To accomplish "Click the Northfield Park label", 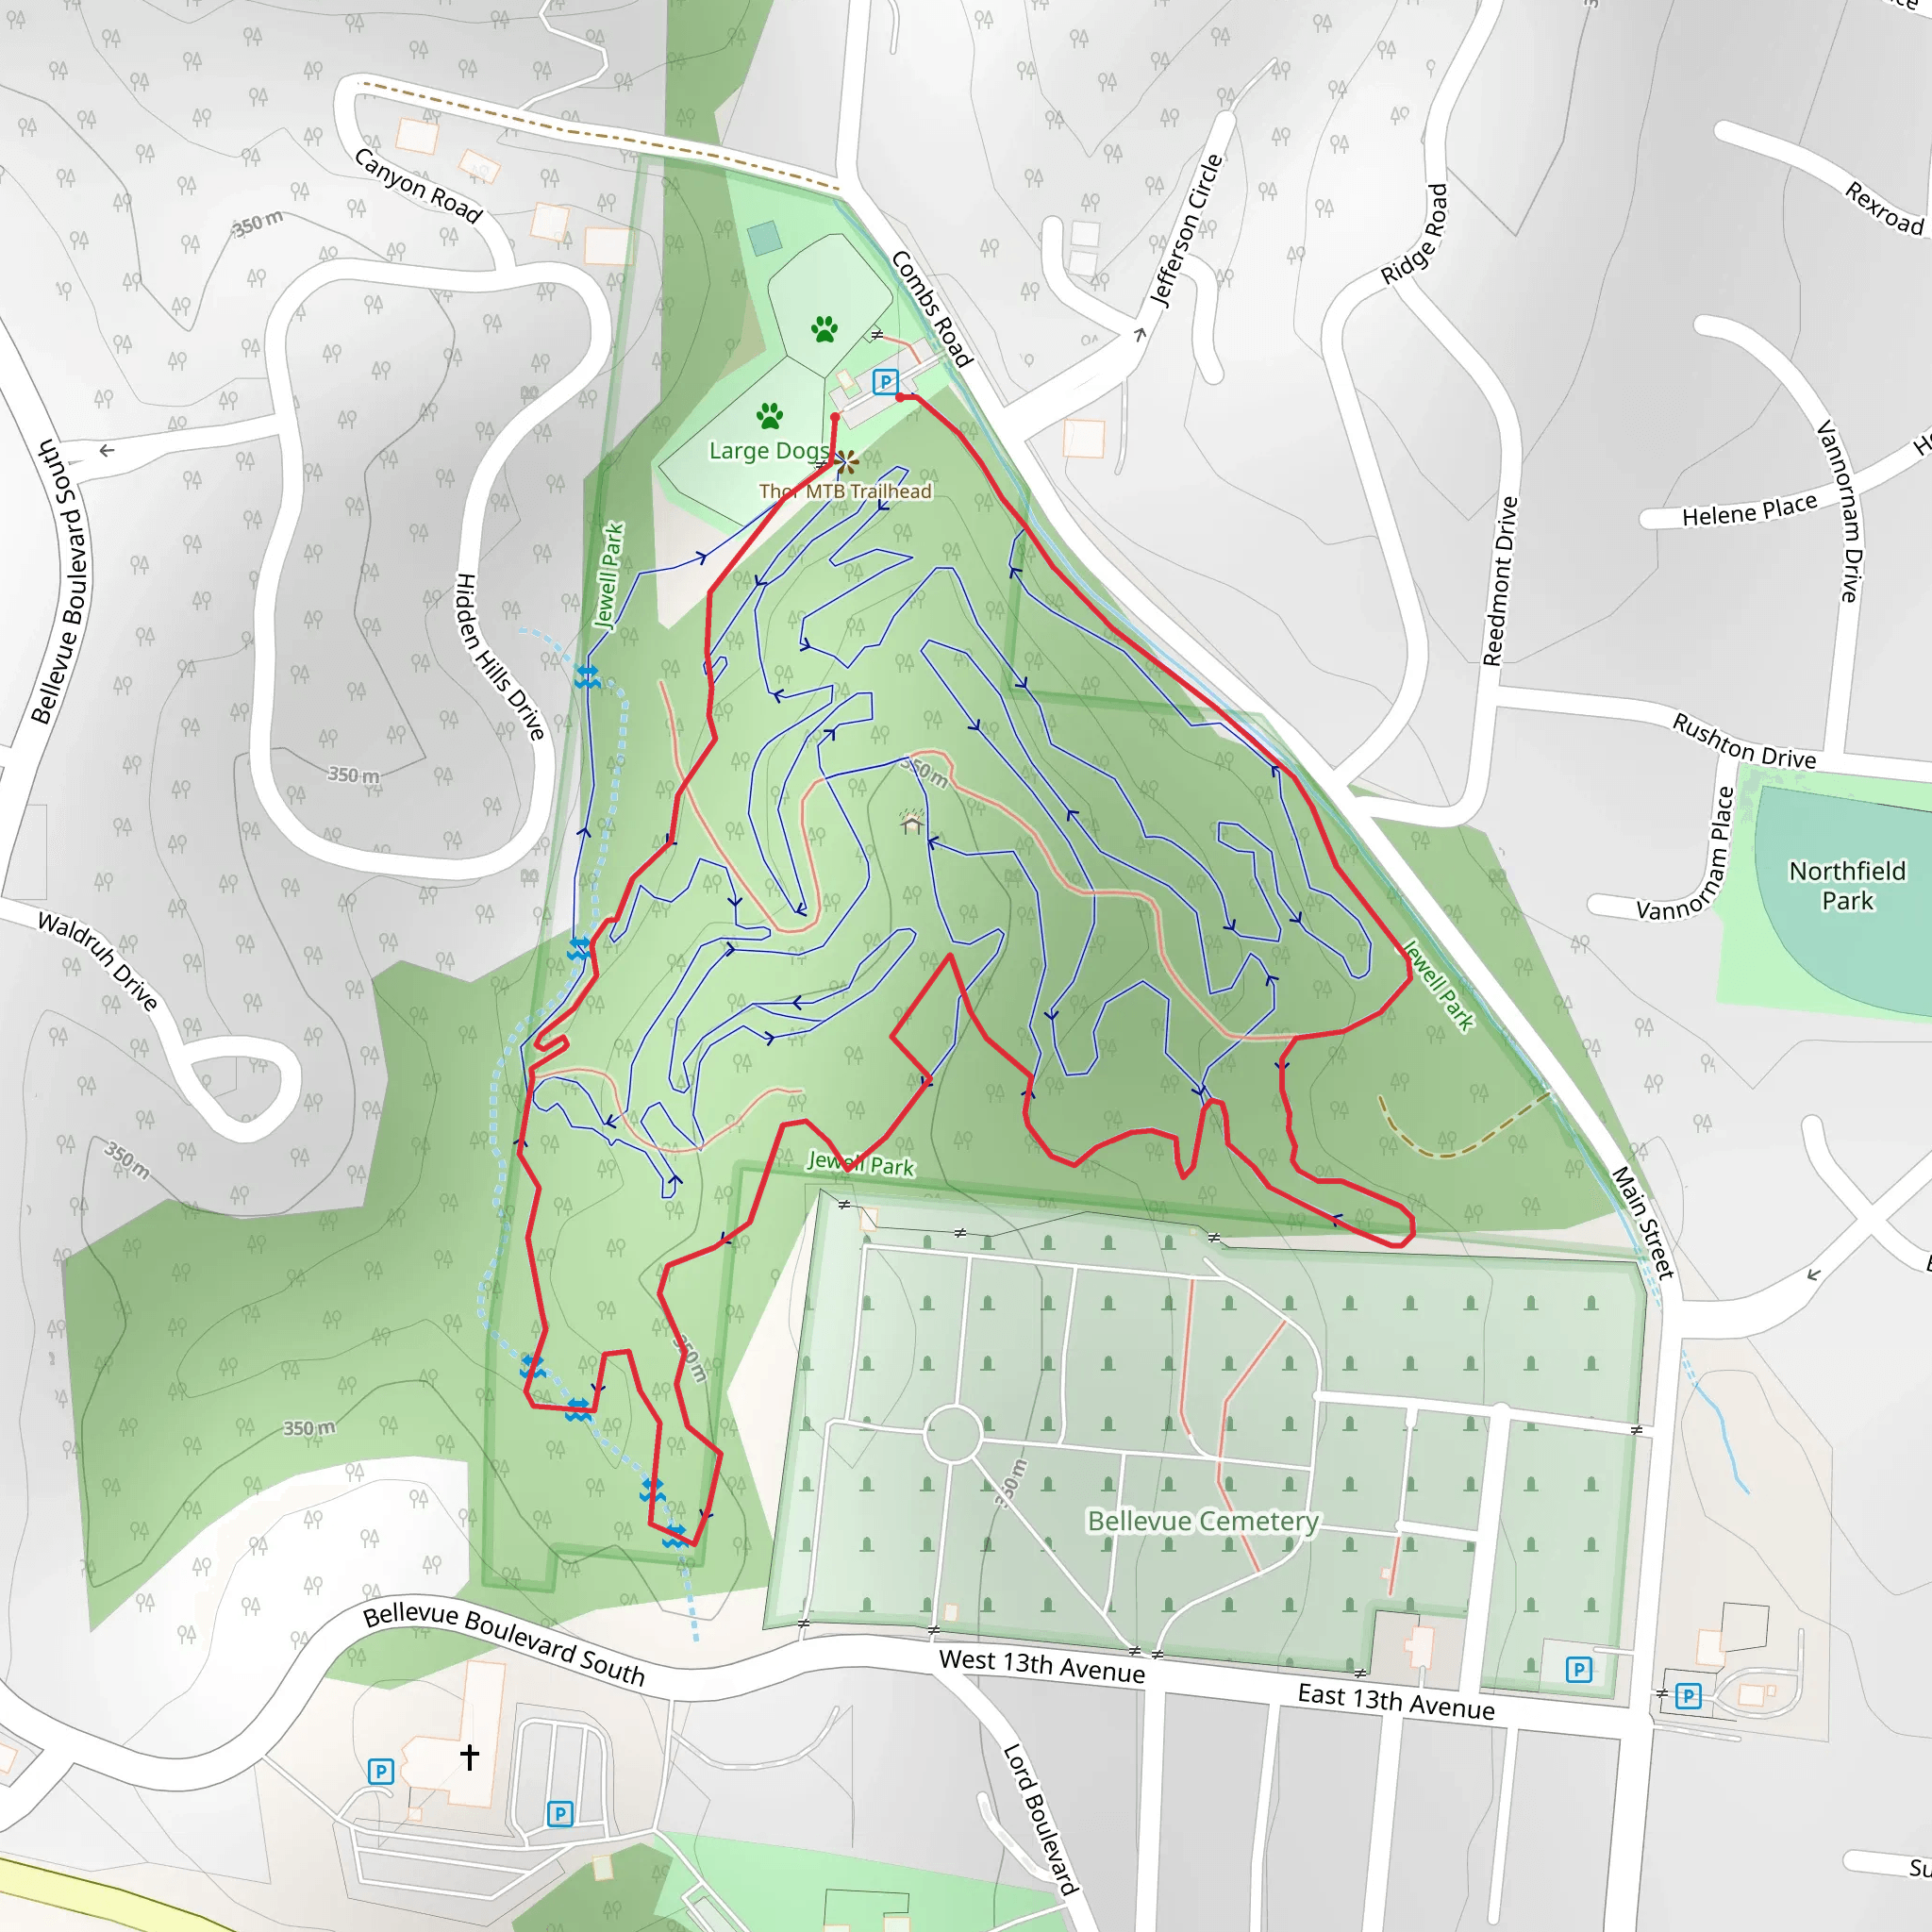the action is click(1846, 885).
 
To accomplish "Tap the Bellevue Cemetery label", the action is click(1203, 1521).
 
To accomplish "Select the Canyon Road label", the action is click(418, 186).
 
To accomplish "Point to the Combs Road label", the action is click(931, 309).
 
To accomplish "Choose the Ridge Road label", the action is click(1414, 234).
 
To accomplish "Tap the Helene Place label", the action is click(1749, 510).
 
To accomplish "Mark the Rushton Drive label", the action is click(1744, 741).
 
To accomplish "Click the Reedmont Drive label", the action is click(1500, 581).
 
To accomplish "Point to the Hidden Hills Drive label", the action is click(500, 656).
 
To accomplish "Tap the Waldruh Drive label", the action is click(98, 961).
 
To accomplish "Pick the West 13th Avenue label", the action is click(1041, 1666).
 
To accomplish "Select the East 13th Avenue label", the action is click(1395, 1701).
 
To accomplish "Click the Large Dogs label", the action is click(768, 451).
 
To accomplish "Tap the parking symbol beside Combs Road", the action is click(885, 381).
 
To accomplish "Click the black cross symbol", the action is click(469, 1756).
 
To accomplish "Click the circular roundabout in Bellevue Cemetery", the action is click(953, 1434).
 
